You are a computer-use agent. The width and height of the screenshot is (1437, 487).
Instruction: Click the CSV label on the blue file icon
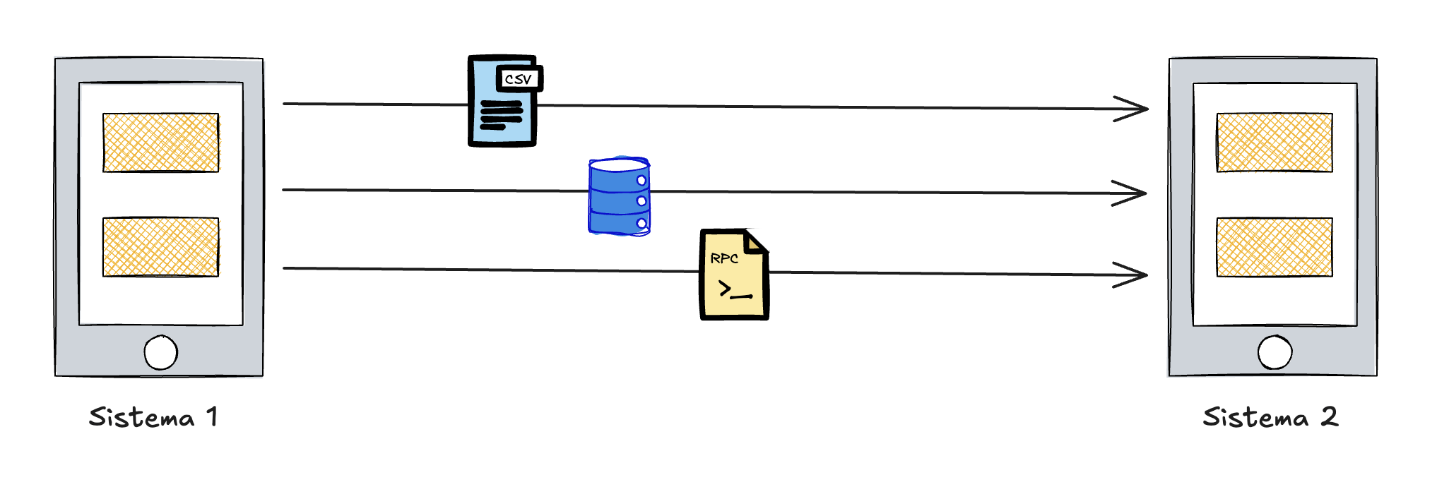[519, 79]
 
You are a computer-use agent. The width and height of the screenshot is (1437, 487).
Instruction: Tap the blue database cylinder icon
[619, 197]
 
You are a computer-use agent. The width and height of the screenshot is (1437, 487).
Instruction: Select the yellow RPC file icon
[733, 275]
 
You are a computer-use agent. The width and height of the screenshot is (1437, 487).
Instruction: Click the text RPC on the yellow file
[724, 258]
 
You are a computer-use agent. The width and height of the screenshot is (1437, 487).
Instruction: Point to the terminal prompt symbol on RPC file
[733, 290]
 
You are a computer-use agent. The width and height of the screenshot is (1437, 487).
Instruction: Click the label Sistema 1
[153, 417]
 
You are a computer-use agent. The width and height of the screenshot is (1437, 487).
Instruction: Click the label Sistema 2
[1270, 417]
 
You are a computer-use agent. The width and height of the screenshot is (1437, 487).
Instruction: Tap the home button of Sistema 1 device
[161, 352]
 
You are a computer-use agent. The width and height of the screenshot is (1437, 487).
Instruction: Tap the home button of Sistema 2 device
[1275, 352]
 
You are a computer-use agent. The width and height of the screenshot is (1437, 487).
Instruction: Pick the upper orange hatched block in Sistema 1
[161, 143]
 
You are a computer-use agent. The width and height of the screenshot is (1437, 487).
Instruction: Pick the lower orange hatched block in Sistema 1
[161, 246]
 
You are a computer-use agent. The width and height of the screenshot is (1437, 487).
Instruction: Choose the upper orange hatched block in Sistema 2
[1275, 143]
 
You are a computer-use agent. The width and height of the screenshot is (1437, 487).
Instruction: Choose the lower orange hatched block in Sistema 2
[1275, 246]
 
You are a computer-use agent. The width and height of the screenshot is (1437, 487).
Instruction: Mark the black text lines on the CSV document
[501, 115]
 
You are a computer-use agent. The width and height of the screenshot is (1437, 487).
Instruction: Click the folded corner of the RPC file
[755, 241]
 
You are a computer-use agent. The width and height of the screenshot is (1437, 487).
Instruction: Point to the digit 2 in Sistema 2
[1329, 416]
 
